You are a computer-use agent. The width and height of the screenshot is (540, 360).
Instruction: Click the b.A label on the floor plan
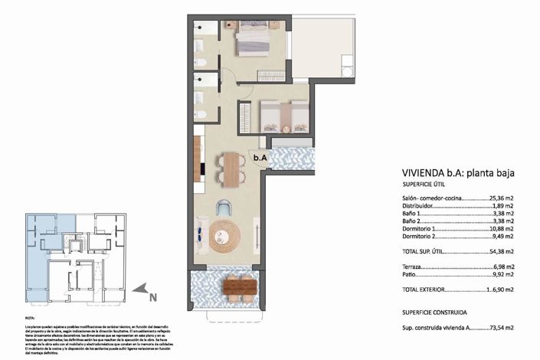tap(261, 158)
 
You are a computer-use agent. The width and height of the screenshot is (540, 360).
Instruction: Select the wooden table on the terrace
tap(239, 287)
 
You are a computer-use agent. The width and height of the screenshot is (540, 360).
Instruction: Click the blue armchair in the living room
tap(224, 207)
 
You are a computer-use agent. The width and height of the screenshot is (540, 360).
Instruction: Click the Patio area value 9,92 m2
tap(500, 273)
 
